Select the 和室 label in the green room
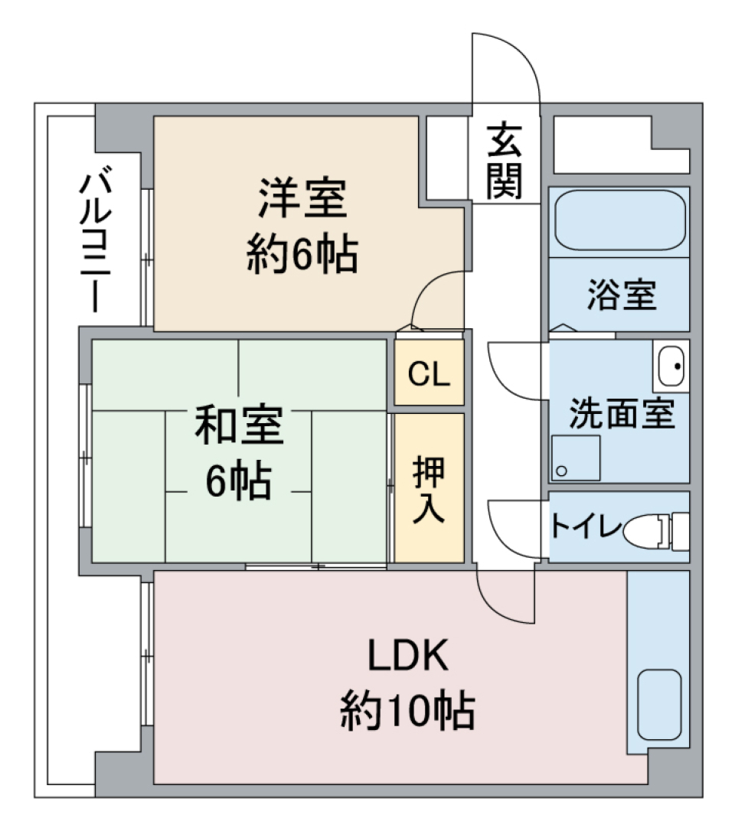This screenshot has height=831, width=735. [x=238, y=427]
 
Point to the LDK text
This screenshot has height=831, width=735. [x=407, y=657]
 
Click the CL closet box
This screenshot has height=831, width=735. [x=429, y=373]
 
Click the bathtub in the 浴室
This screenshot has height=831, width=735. [x=619, y=221]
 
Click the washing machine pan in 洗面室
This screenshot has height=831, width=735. [x=574, y=458]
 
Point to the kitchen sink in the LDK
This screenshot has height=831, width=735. [x=659, y=705]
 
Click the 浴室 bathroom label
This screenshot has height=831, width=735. [x=622, y=296]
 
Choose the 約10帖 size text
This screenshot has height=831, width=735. [x=407, y=712]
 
